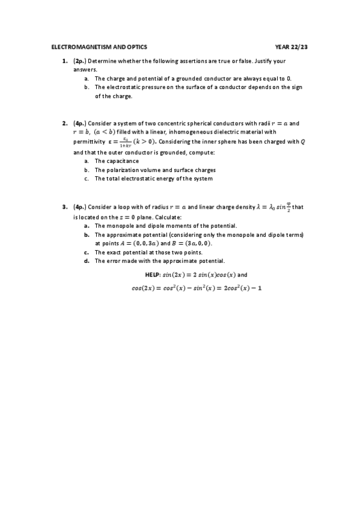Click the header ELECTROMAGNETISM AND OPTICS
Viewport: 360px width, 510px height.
point(99,46)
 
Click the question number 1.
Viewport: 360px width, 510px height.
point(64,61)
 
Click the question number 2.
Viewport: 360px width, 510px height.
point(64,123)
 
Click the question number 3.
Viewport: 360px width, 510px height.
point(64,207)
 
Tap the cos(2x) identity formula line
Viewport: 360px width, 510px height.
point(197,287)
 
